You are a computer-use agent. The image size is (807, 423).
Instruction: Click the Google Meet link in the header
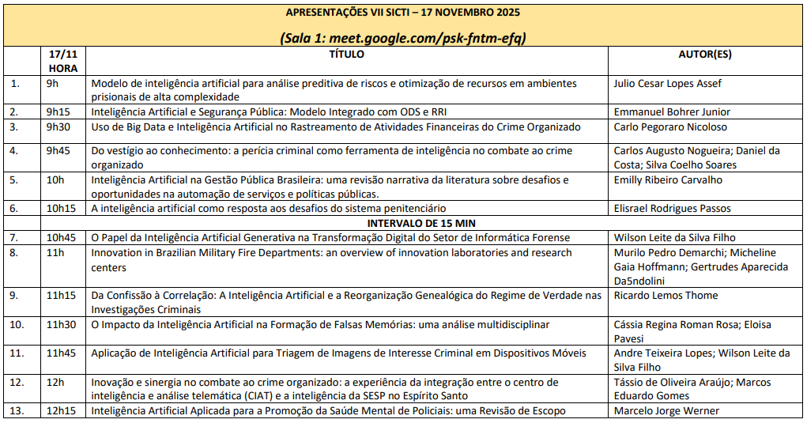pos(428,38)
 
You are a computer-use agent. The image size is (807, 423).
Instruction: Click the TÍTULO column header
pos(346,55)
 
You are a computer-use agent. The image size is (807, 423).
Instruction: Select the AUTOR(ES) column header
pos(705,55)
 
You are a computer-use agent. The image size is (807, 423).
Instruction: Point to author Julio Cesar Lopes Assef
pos(667,83)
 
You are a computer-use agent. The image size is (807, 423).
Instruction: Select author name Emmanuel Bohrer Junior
pos(671,112)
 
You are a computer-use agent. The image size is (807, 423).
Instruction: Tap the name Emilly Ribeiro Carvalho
pos(669,179)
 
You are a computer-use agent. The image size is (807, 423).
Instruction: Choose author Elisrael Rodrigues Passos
pos(672,209)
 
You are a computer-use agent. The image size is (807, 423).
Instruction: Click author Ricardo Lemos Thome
pos(666,296)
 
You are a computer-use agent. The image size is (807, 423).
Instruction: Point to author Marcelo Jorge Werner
pos(666,410)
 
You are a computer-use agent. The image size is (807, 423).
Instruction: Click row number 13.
pos(17,410)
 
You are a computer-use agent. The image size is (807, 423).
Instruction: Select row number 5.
pos(14,179)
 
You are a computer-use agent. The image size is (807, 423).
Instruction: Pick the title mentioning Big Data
pos(335,127)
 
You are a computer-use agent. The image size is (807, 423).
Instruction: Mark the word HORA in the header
pos(62,68)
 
